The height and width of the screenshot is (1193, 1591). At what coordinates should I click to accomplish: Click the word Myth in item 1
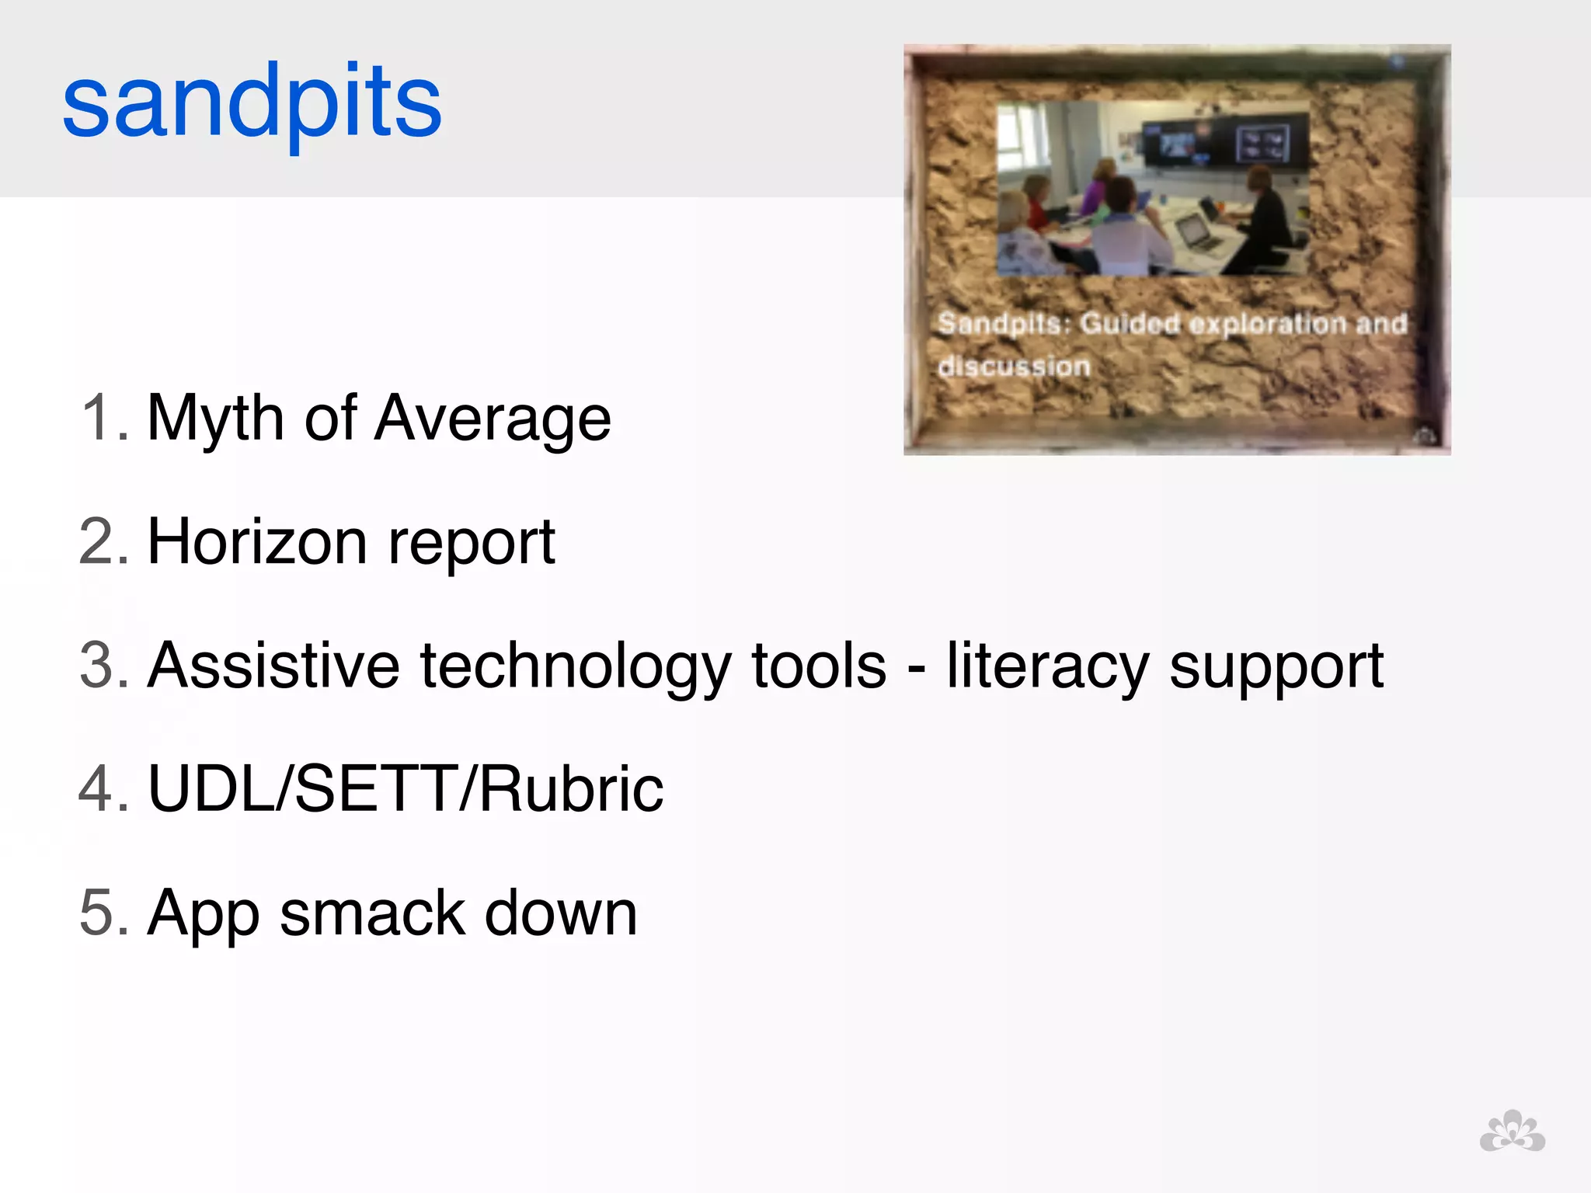pyautogui.click(x=215, y=419)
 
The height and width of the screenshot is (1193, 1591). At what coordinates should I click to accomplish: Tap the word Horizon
pyautogui.click(x=257, y=542)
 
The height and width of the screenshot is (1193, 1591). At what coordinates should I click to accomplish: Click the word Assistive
pyautogui.click(x=273, y=666)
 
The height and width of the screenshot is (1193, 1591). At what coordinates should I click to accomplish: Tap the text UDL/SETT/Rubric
pyautogui.click(x=406, y=789)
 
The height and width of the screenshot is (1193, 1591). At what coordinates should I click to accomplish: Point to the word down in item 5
pyautogui.click(x=560, y=913)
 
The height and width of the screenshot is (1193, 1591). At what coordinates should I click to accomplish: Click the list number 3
pyautogui.click(x=103, y=666)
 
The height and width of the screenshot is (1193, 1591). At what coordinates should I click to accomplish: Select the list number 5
pyautogui.click(x=103, y=913)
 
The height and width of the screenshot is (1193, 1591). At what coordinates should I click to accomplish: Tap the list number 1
pyautogui.click(x=103, y=419)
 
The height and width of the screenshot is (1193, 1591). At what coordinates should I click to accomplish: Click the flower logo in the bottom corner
pyautogui.click(x=1512, y=1132)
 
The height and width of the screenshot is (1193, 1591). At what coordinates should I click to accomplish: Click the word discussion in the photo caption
pyautogui.click(x=1014, y=366)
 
